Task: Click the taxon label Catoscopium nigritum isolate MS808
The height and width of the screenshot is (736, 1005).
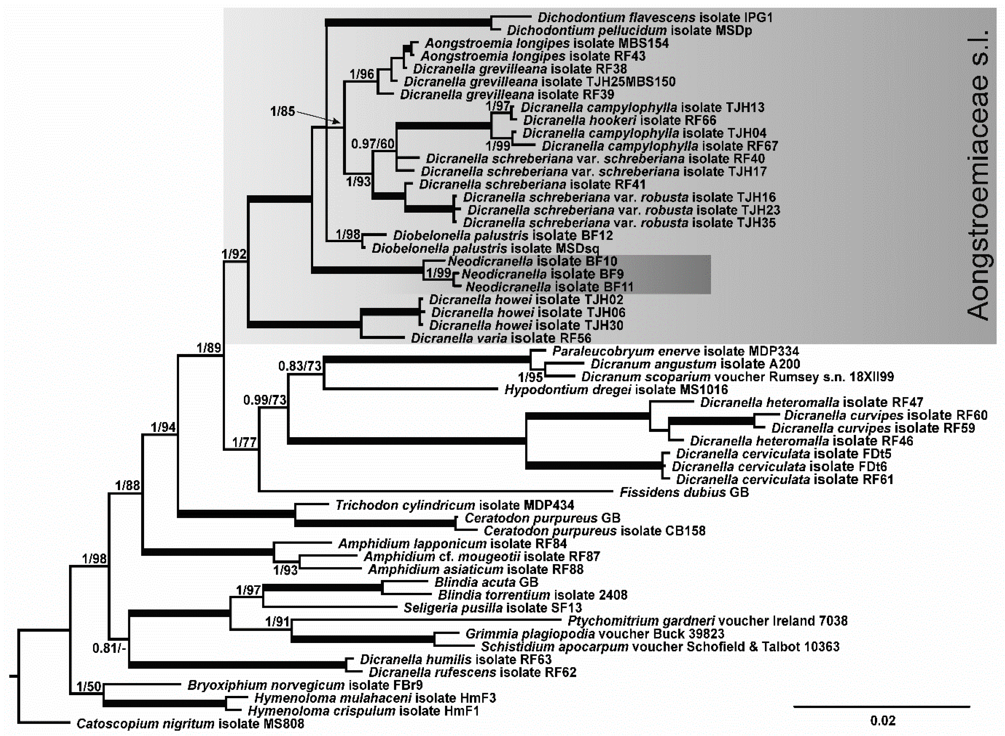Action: click(x=190, y=723)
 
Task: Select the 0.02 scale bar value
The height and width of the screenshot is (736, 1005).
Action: click(x=883, y=721)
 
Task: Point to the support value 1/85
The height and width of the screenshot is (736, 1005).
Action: click(x=283, y=111)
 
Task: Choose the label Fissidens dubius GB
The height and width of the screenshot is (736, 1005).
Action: click(x=684, y=492)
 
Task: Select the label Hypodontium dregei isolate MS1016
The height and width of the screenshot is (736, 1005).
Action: click(x=616, y=390)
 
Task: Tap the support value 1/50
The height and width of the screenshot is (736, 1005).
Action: click(x=89, y=686)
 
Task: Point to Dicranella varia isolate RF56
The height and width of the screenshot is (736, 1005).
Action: click(x=501, y=338)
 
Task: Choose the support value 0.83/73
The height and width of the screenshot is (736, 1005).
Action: click(x=300, y=366)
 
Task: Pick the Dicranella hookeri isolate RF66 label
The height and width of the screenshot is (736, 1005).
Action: click(x=620, y=120)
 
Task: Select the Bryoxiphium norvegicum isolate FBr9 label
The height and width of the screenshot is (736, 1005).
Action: click(x=305, y=685)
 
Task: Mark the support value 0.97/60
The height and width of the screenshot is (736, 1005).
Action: click(x=373, y=143)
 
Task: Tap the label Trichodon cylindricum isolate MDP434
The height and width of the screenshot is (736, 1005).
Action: click(x=454, y=505)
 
